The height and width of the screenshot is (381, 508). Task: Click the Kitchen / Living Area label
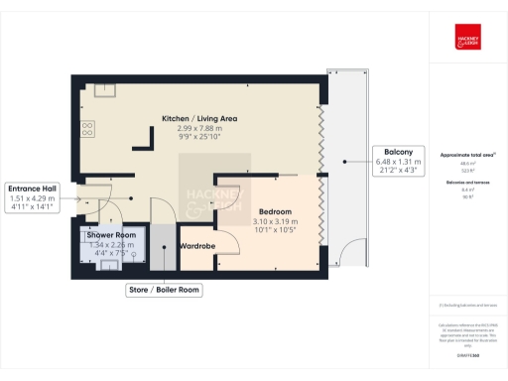click(201, 119)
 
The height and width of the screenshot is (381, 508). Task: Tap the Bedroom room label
click(275, 212)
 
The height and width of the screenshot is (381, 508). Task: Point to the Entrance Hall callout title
click(32, 188)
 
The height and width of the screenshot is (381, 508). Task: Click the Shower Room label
click(110, 234)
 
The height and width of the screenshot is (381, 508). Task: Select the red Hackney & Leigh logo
click(466, 36)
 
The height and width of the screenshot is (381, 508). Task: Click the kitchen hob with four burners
click(87, 128)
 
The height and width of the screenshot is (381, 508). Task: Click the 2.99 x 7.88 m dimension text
click(201, 129)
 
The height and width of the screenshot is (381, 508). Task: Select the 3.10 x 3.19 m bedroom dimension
click(275, 221)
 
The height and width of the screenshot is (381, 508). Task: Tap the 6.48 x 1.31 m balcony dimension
click(399, 162)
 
